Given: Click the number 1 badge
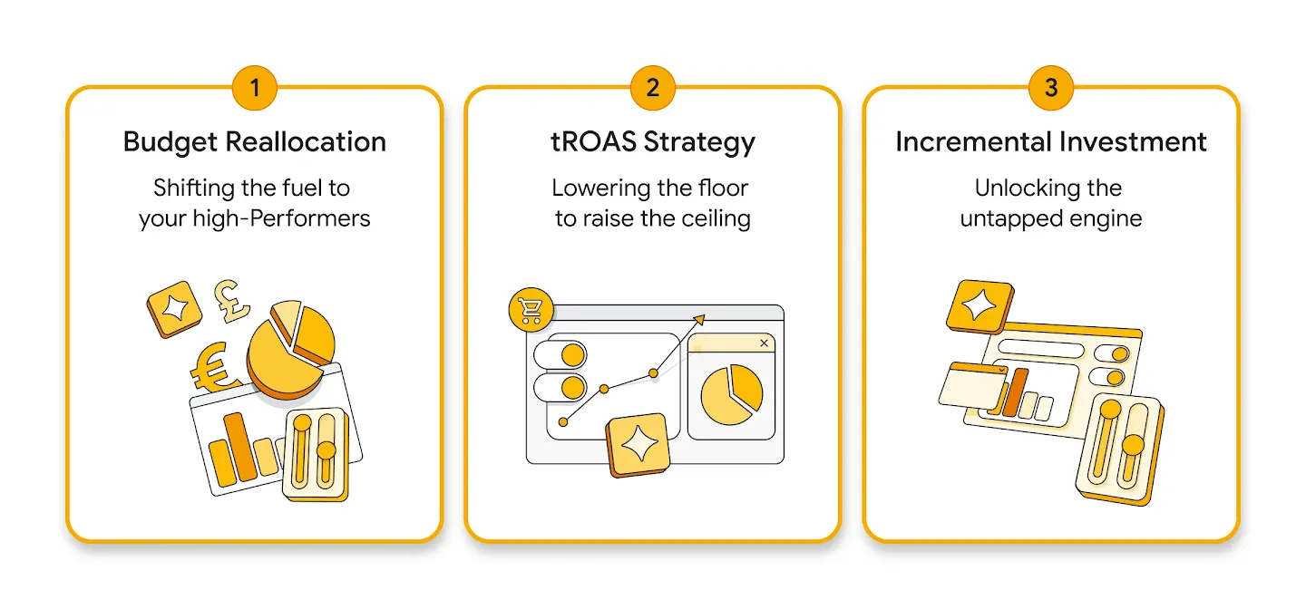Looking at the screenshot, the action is [x=254, y=88].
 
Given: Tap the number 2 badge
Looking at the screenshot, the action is [x=652, y=88].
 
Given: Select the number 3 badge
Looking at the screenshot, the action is [x=1050, y=88].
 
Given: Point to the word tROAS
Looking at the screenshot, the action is [x=593, y=141].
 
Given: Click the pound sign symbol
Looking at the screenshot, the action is [x=231, y=301].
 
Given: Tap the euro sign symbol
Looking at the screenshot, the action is [x=213, y=368].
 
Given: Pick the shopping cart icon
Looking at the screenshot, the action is [x=531, y=309].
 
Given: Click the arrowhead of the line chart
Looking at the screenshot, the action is [x=699, y=319].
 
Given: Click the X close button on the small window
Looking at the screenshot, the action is [x=764, y=343].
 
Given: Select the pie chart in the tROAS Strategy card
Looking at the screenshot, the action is [x=732, y=394].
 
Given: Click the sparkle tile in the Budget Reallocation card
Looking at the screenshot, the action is [x=174, y=308].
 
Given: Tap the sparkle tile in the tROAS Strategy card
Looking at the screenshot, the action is [x=638, y=445].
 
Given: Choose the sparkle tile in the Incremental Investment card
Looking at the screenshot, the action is [x=980, y=306].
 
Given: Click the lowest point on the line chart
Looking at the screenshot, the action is [x=562, y=422].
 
